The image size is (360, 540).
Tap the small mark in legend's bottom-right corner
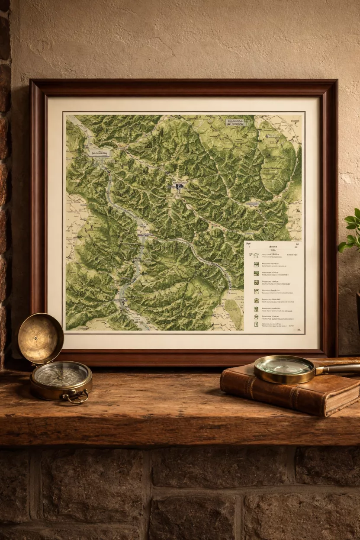pos(298,330)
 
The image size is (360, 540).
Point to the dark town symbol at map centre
pos(179,186)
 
